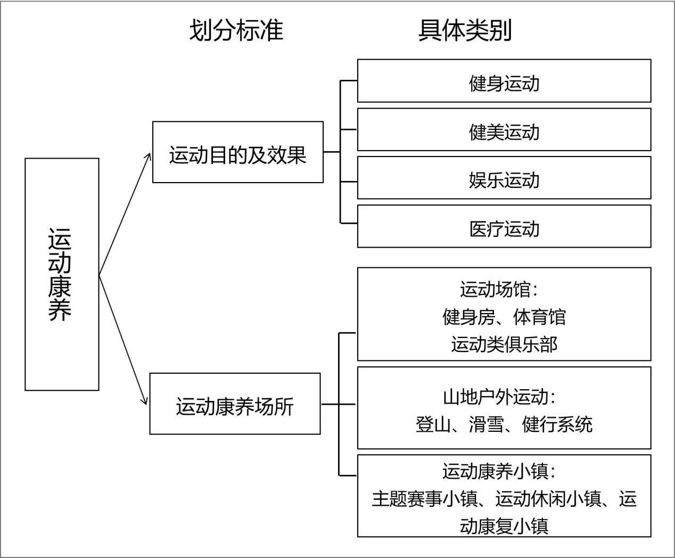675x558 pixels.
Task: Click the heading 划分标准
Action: [x=236, y=30]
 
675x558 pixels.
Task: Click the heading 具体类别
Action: [x=465, y=30]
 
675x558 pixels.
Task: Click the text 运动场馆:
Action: [x=499, y=289]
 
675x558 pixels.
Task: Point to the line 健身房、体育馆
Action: [x=504, y=317]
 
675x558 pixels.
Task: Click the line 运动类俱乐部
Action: [x=504, y=344]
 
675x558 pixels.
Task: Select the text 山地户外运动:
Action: [x=499, y=397]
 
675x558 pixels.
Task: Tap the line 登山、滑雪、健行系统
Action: [x=504, y=424]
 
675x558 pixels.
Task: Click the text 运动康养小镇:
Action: [x=499, y=471]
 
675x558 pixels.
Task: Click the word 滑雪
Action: [x=487, y=424]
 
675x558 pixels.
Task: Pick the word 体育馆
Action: [x=540, y=317]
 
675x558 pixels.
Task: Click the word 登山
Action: [x=433, y=424]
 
